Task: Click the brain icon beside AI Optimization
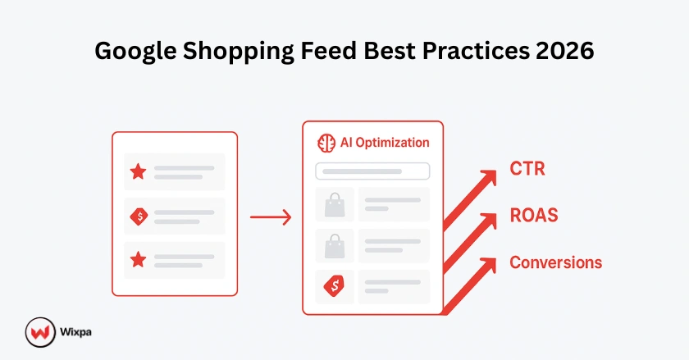pos(326,143)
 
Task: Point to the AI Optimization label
pos(385,143)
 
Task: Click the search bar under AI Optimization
pos(372,171)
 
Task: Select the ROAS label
pos(534,216)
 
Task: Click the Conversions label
pos(555,262)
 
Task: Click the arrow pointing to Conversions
pos(471,287)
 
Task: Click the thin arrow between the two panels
pos(270,217)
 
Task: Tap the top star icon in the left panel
pos(138,172)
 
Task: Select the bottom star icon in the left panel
pos(138,260)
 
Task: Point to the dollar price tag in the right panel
pos(334,286)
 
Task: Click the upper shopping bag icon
pos(334,205)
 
